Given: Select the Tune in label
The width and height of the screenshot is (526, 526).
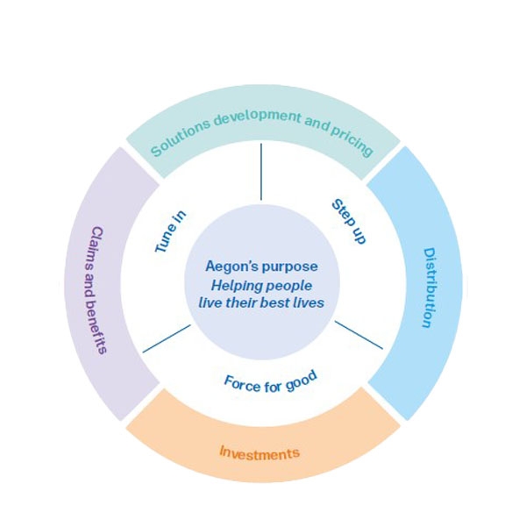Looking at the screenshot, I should pos(170,232).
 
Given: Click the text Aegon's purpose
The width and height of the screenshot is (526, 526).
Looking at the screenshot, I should pos(261,266).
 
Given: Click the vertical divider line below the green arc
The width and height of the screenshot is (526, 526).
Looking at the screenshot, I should pos(261,171).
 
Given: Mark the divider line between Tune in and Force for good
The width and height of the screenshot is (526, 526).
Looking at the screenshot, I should pos(167,338).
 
